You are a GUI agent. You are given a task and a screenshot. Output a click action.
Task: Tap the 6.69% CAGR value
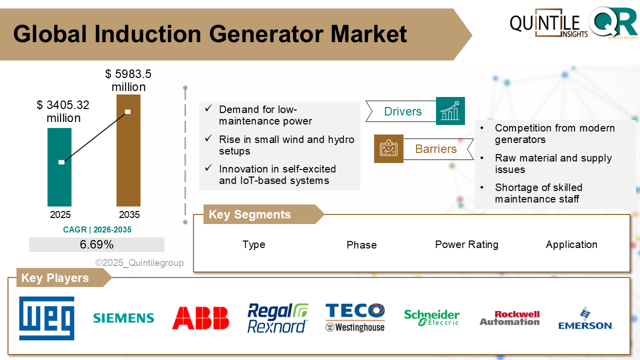(96, 244)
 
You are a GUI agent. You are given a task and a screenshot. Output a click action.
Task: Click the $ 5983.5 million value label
(128, 80)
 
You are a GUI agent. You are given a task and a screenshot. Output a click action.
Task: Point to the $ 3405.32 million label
(63, 111)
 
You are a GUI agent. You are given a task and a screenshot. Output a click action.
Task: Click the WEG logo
(46, 318)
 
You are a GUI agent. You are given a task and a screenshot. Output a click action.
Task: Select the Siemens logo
(123, 318)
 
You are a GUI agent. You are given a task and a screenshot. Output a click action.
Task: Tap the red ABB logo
(200, 318)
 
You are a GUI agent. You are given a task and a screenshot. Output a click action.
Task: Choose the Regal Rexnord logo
(277, 318)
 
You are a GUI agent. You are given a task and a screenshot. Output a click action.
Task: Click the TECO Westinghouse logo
(355, 318)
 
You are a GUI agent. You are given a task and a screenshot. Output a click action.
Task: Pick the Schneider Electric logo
(431, 318)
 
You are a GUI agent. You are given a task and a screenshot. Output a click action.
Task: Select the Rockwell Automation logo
(509, 318)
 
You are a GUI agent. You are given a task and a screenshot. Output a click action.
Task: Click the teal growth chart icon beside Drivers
(450, 111)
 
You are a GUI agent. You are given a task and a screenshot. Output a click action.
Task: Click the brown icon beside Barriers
(388, 148)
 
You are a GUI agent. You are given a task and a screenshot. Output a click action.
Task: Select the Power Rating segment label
(466, 244)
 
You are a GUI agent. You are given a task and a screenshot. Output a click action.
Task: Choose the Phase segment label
(361, 245)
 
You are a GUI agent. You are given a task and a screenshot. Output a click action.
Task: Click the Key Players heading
(55, 278)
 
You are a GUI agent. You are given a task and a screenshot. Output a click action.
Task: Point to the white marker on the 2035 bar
(128, 111)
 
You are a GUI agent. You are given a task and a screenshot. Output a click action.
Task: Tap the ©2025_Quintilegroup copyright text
(139, 263)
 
